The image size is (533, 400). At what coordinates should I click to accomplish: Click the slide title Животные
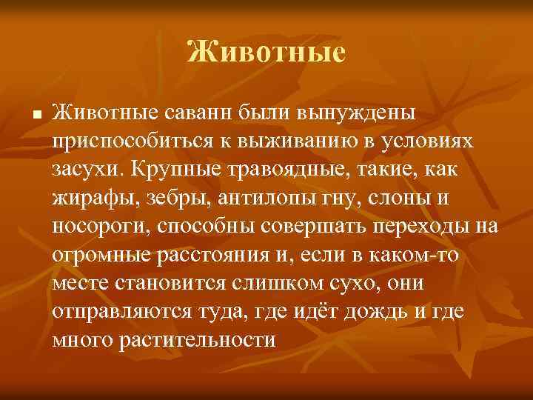tap(266, 53)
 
